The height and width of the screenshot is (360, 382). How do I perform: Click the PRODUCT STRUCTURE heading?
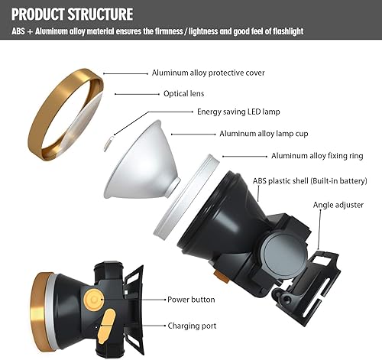73,15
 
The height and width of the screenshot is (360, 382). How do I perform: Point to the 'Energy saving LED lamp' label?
238,112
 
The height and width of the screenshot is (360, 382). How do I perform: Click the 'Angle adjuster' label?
338,205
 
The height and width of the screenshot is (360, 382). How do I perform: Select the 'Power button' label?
191,299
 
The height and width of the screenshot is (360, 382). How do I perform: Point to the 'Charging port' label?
191,325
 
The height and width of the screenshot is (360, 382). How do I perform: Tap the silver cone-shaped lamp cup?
145,164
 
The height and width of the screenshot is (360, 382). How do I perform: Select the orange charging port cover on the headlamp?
108,320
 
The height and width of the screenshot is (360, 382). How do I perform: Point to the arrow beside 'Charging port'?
146,325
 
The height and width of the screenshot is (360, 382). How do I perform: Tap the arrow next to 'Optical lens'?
134,94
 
